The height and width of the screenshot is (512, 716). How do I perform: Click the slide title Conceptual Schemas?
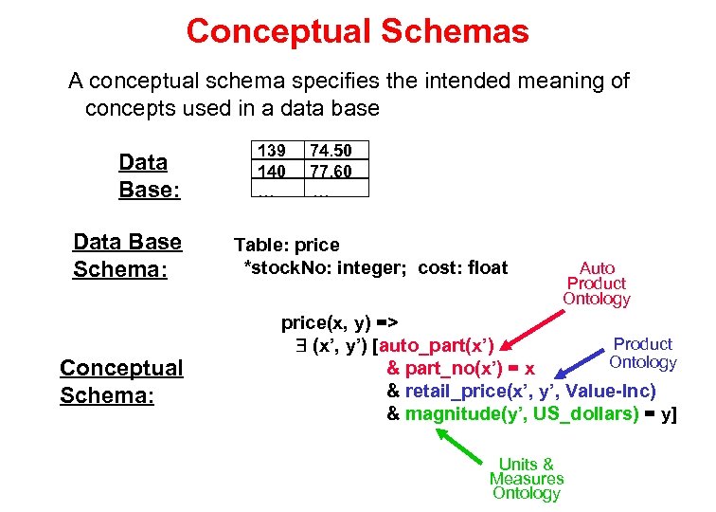357,31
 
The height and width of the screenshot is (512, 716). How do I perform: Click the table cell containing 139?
273,151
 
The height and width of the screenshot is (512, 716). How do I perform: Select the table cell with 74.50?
330,151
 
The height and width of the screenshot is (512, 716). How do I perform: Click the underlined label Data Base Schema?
127,255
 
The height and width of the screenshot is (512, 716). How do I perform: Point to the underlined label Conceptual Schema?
120,380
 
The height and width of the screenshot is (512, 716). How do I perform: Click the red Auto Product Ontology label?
596,283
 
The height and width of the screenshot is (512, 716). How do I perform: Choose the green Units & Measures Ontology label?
526,478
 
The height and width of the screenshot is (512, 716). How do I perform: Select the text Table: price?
286,246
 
